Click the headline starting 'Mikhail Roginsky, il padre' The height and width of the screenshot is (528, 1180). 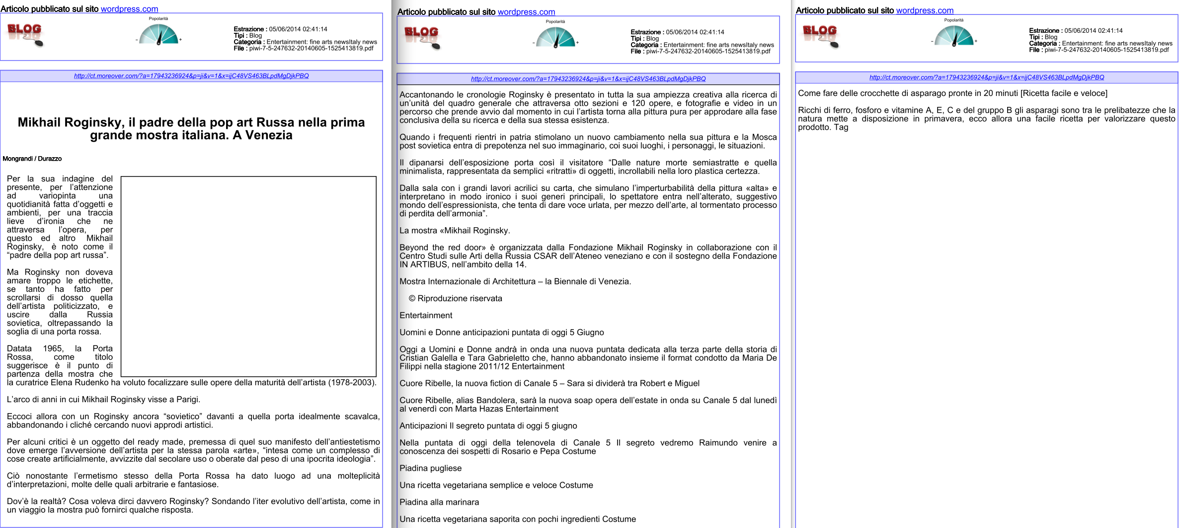tap(191, 129)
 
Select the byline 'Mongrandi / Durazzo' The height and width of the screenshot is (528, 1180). tap(32, 159)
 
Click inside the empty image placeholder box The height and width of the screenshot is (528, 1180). tap(248, 276)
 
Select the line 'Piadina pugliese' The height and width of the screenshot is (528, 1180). tap(430, 468)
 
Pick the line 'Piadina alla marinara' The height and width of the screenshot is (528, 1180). tap(439, 502)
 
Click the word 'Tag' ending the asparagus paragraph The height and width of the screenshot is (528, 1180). tap(841, 127)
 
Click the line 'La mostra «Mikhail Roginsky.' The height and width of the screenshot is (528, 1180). tap(455, 231)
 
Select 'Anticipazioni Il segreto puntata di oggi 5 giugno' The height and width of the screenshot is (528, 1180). tap(488, 426)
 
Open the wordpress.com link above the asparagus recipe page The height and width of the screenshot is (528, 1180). tap(925, 10)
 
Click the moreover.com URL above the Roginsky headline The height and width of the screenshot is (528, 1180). tap(191, 76)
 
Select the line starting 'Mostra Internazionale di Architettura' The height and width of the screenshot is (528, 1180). tap(515, 281)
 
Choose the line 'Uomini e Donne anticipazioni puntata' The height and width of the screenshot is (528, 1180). tap(501, 333)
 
